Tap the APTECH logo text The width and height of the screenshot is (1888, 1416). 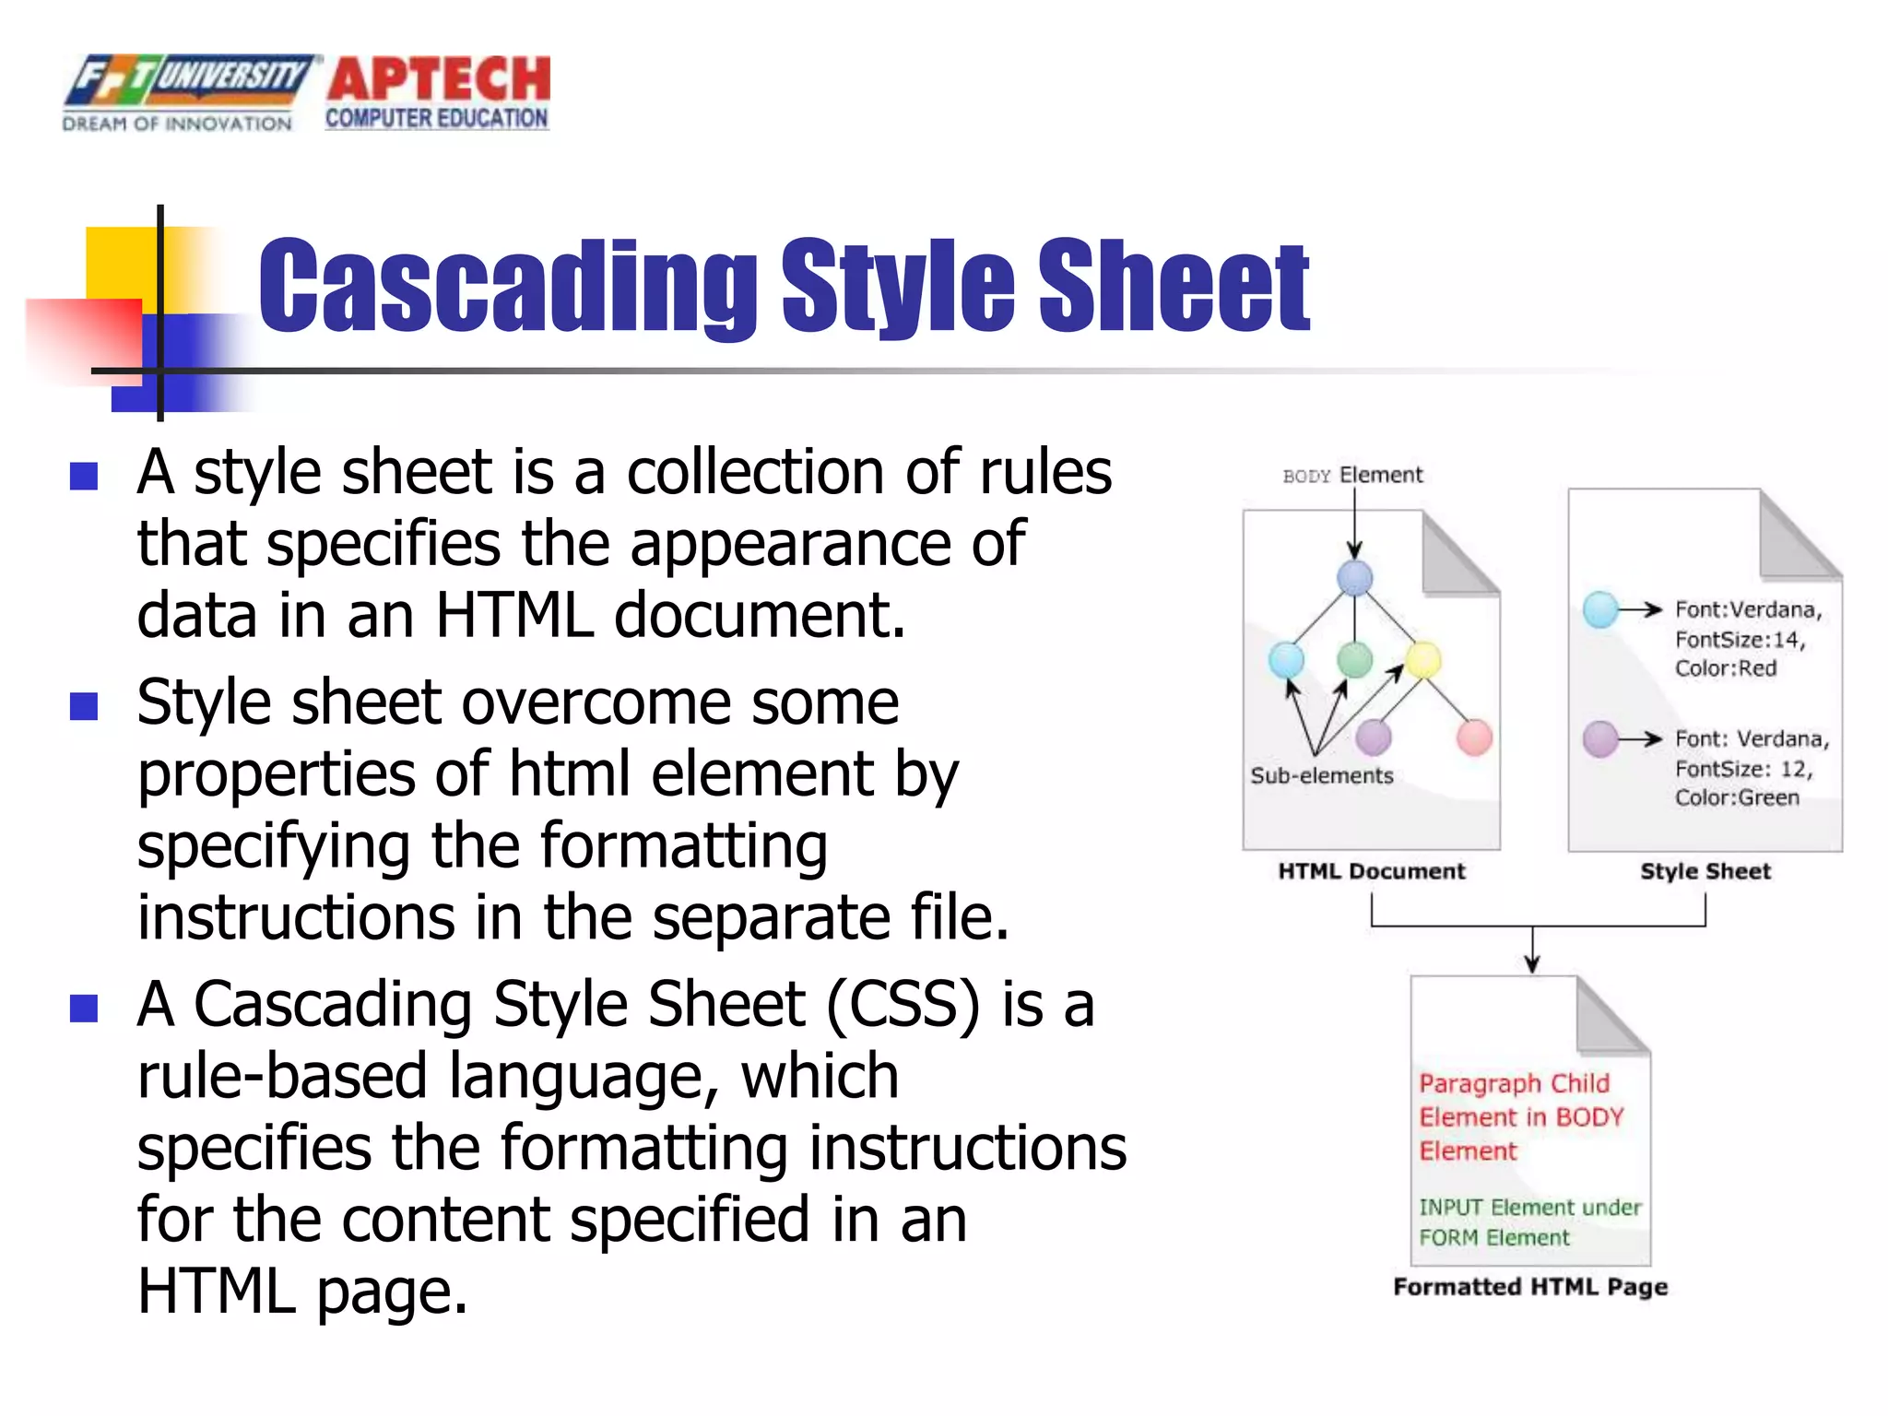point(439,79)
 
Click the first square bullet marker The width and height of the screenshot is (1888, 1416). point(84,476)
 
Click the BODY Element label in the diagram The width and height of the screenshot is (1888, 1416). point(1352,476)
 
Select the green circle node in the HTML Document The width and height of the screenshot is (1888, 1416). point(1354,659)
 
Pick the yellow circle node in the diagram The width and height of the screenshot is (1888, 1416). point(1423,659)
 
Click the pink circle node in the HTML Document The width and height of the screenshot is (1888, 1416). point(1474,737)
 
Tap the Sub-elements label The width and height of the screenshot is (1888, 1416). point(1321,776)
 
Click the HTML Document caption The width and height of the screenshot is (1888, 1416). point(1371,871)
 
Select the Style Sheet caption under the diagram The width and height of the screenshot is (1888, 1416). point(1705,871)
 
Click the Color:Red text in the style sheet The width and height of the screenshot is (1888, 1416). point(1725,668)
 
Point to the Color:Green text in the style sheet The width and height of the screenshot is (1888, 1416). point(1737,797)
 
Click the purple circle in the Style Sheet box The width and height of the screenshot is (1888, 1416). point(1600,738)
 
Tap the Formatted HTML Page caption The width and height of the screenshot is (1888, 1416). point(1530,1287)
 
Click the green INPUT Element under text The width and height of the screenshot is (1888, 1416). point(1529,1208)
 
